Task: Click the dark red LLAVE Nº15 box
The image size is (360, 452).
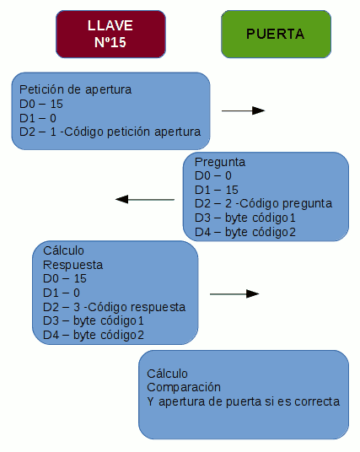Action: [x=110, y=34]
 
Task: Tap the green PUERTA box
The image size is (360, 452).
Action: [x=276, y=34]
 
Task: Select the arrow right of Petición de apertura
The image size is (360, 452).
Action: [x=244, y=110]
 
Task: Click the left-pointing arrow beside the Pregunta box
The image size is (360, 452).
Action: [x=145, y=199]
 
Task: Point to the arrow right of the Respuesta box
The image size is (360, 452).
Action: [x=234, y=293]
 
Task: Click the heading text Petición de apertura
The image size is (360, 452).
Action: [x=76, y=89]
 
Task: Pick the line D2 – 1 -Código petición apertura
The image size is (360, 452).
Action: [x=110, y=132]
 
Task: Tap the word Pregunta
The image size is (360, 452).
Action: [x=220, y=162]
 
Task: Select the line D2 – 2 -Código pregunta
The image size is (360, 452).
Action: [x=263, y=204]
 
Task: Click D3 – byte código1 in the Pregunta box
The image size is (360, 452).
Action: [x=245, y=218]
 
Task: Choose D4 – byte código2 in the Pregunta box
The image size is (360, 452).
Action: [x=245, y=232]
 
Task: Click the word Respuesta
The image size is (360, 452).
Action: [x=73, y=265]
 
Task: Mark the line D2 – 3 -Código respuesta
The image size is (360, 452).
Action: [x=114, y=307]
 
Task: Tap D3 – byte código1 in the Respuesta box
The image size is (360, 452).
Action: [x=94, y=320]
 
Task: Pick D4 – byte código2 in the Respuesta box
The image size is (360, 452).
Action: [x=94, y=335]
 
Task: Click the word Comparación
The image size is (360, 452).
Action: [x=184, y=387]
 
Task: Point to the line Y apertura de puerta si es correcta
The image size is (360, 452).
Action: [x=244, y=401]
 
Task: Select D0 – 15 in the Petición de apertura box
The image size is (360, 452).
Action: [x=41, y=104]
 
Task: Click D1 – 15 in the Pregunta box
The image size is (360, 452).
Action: [x=217, y=190]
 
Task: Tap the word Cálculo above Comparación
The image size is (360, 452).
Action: [x=167, y=374]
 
